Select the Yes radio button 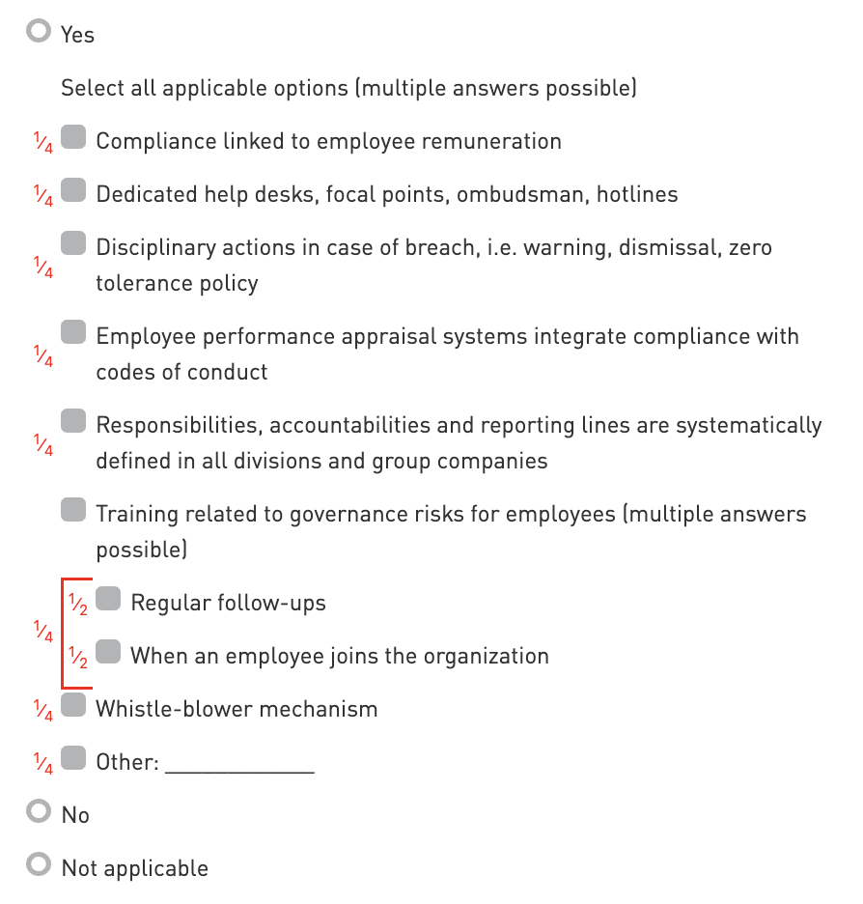click(x=39, y=32)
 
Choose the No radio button click(x=39, y=812)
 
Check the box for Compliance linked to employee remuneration click(x=73, y=138)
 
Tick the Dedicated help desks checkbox click(x=73, y=191)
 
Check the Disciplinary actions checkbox click(x=73, y=244)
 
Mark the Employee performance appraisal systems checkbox click(x=73, y=333)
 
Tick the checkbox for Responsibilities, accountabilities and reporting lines click(x=73, y=422)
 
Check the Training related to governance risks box click(x=73, y=511)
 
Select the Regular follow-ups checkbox click(x=108, y=600)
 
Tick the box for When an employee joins click(x=108, y=653)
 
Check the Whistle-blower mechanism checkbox click(x=73, y=706)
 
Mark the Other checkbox click(x=73, y=759)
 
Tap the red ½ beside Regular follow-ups click(x=79, y=606)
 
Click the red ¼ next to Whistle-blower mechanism click(x=43, y=712)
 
